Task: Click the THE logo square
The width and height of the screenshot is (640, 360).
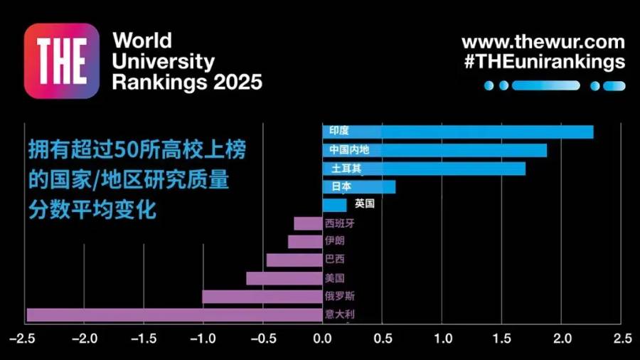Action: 62,60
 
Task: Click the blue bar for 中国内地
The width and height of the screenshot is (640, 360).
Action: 434,150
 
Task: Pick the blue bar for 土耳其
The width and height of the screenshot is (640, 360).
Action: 424,169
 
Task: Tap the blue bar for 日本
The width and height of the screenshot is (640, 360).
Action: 358,187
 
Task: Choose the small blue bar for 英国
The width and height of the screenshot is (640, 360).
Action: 334,205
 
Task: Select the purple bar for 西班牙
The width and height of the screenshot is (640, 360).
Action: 308,223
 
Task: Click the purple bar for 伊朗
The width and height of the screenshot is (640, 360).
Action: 305,242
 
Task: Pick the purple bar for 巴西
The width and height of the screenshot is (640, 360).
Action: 294,260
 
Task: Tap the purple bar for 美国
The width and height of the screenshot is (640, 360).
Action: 284,278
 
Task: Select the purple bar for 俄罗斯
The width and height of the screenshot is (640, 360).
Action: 262,297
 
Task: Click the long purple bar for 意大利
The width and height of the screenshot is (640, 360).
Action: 174,314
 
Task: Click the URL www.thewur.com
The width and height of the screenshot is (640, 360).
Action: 543,42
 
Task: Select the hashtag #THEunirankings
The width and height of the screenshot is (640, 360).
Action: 543,62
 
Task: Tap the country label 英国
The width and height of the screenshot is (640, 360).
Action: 364,204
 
